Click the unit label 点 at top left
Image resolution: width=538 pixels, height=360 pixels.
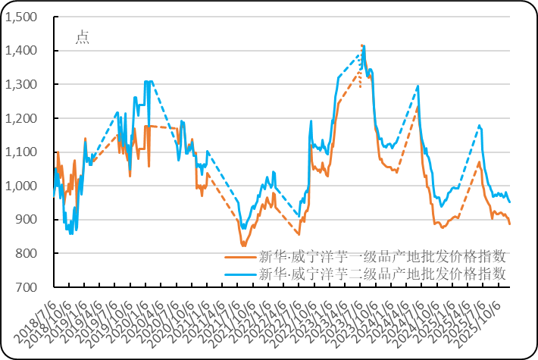pos(82,38)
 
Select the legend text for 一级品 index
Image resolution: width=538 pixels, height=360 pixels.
pos(382,256)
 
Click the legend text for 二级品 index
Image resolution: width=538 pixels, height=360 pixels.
pos(382,274)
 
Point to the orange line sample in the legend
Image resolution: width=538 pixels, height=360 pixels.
pos(240,256)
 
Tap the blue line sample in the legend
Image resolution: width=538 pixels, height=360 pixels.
pos(240,274)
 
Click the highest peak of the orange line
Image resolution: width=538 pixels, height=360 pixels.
pos(363,45)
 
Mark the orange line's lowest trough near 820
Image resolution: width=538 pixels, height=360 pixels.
pos(243,245)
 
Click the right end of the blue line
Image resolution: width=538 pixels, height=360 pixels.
pos(510,202)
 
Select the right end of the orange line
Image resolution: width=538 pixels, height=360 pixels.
pos(510,224)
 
